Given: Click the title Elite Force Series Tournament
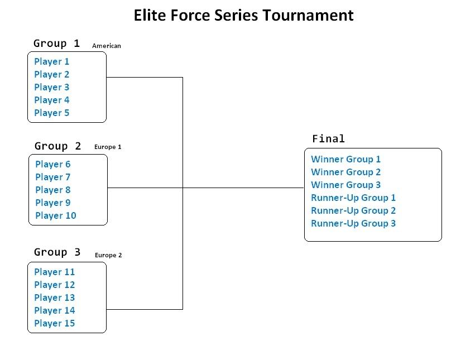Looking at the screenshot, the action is [x=243, y=16].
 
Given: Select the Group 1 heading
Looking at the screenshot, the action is [x=56, y=44].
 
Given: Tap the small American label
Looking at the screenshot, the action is [x=107, y=46].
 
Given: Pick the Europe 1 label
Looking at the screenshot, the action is [x=108, y=147].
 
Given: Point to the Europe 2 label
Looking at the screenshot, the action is [x=108, y=255].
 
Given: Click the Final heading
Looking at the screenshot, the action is [x=328, y=139].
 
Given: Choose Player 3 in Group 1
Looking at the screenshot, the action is [x=52, y=87].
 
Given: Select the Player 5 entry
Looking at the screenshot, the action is [x=52, y=113].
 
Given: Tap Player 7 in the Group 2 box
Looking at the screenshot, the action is [x=53, y=177].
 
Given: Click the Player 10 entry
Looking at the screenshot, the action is [x=56, y=215].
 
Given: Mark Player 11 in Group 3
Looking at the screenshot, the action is [x=55, y=272].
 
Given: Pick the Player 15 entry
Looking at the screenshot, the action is [x=55, y=323].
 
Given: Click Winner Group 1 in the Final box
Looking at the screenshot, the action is [x=346, y=159].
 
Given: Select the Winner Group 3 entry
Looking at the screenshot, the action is [x=346, y=185].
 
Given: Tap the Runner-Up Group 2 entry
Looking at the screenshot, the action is [x=353, y=210].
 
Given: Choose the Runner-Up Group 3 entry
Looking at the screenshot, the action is [x=353, y=223].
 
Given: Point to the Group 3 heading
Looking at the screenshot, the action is [x=57, y=252].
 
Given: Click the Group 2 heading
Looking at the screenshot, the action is [x=57, y=146].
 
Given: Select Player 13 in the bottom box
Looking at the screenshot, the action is [x=55, y=297].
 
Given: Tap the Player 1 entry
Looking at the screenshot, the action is [x=52, y=61].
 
